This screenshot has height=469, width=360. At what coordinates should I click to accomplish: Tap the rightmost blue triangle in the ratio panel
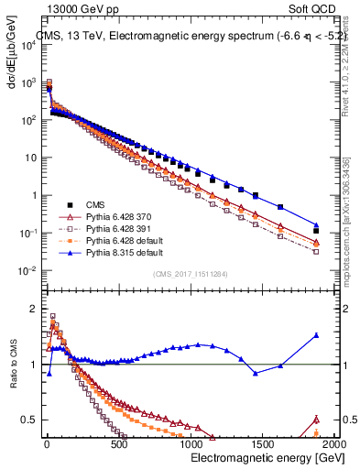click(x=316, y=335)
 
